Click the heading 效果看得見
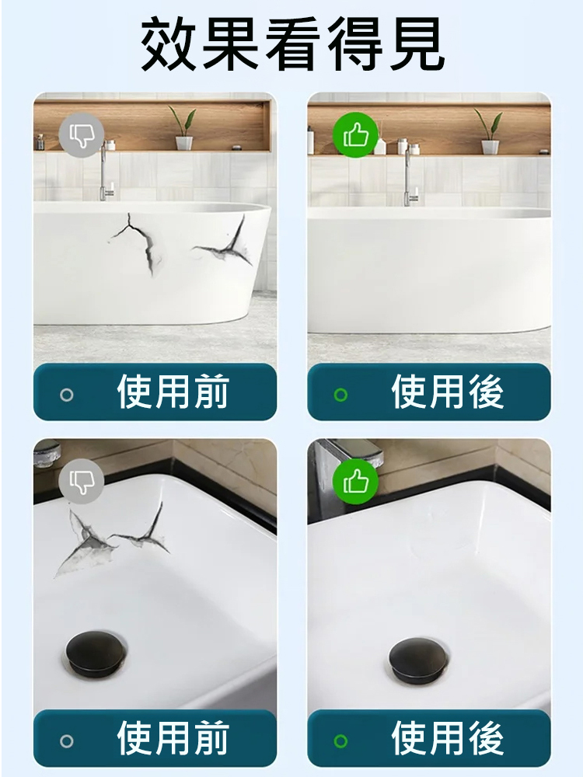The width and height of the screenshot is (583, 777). (x=292, y=44)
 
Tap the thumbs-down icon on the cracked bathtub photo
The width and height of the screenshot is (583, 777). (x=82, y=135)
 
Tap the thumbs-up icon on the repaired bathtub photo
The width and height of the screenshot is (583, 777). (x=355, y=134)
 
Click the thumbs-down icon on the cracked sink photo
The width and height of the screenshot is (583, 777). (x=82, y=481)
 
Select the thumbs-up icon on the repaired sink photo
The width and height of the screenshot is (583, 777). (x=355, y=481)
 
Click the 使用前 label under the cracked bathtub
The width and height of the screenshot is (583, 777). (x=173, y=392)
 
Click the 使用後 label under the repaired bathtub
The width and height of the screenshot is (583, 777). (x=447, y=392)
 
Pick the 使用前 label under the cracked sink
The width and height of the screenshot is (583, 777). (x=173, y=738)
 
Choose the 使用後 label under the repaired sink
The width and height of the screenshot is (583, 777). (x=447, y=738)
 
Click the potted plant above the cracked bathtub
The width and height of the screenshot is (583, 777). (x=183, y=128)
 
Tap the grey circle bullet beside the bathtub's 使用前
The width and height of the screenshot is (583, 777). (x=66, y=395)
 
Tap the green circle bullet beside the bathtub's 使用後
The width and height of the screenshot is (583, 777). (x=340, y=395)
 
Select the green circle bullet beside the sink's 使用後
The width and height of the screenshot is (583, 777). (x=340, y=740)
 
